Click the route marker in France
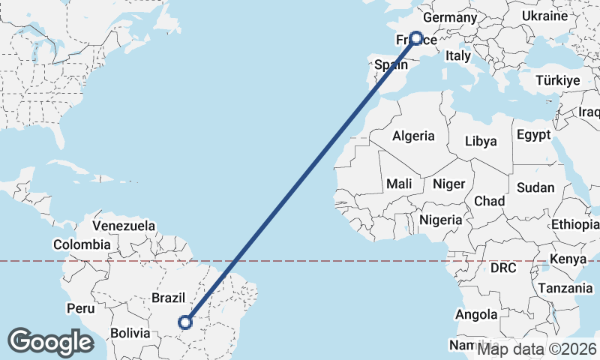[x=415, y=38]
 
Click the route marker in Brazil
[x=185, y=322]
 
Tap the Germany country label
[x=450, y=17]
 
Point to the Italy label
[x=457, y=55]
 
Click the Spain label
[x=391, y=65]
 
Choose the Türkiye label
[x=559, y=80]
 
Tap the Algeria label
[x=413, y=136]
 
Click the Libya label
[x=481, y=140]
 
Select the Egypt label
[x=533, y=135]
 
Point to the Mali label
[x=399, y=183]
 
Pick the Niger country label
[x=450, y=183]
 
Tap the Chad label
[x=489, y=201]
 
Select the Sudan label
[x=535, y=187]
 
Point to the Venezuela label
[x=124, y=225]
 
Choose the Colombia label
[x=82, y=244]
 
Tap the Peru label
[x=80, y=307]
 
